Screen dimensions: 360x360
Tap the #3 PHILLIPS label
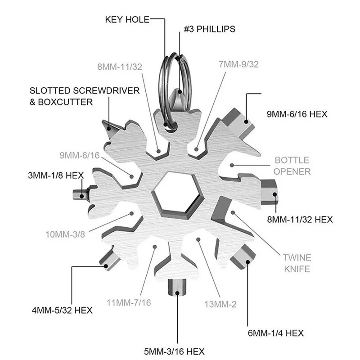coord(209,29)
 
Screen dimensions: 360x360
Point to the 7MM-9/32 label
coord(238,64)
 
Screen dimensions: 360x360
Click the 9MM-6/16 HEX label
coord(297,114)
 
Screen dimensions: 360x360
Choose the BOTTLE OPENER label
coord(292,166)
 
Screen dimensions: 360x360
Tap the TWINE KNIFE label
coord(297,263)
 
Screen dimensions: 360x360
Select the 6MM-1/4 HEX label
coord(275,333)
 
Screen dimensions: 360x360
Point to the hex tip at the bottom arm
coord(177,287)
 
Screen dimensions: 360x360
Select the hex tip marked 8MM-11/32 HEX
coord(270,191)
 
